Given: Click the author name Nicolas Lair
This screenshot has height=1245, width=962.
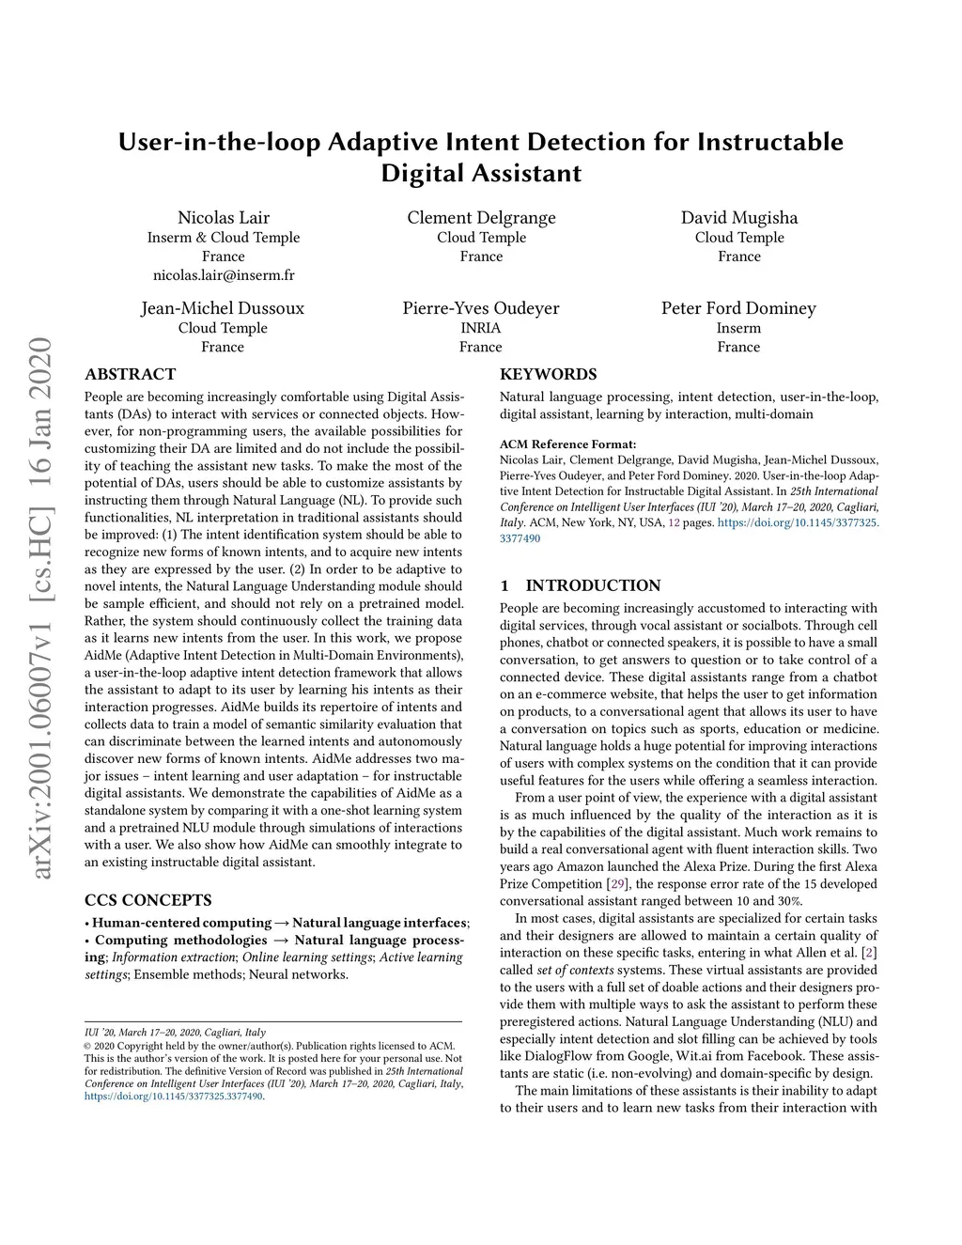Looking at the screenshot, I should (x=224, y=218).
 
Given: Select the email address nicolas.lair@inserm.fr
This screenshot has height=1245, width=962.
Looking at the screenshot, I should (x=224, y=275).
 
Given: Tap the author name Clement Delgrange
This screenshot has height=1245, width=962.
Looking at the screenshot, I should (x=481, y=218).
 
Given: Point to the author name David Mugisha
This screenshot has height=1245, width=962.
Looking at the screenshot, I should (x=739, y=218).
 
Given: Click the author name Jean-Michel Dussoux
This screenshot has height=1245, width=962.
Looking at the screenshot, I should (x=223, y=308).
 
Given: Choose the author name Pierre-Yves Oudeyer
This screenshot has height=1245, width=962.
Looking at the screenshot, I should (x=481, y=308).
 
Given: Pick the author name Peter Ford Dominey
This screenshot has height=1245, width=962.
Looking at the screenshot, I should (x=738, y=308).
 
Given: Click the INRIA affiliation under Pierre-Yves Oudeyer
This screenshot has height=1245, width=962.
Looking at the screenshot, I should (x=481, y=328).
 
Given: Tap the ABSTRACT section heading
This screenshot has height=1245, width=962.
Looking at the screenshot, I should (x=130, y=374).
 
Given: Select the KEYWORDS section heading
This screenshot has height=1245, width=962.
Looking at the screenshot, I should (x=548, y=374).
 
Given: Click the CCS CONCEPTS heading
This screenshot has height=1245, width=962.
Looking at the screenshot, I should (x=147, y=900).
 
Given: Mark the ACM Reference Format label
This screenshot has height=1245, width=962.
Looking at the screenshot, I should (x=567, y=444).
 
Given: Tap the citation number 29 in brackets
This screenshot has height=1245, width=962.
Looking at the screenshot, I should (x=617, y=883).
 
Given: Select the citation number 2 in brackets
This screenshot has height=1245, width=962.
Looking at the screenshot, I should (x=870, y=953).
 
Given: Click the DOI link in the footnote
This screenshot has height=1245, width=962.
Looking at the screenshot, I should (x=174, y=1096).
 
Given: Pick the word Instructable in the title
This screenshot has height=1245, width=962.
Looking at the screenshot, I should (x=769, y=142).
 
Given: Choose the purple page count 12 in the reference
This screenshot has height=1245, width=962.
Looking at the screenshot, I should (x=674, y=522).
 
